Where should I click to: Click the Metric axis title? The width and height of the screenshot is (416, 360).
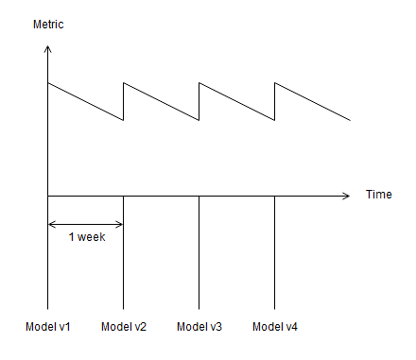pos(48,25)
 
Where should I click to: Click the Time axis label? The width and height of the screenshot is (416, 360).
pos(379,195)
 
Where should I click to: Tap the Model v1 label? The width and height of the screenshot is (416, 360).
pos(48,327)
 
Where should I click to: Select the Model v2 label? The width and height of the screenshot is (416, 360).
pos(124,327)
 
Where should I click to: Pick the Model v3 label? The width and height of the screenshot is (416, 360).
pos(199,327)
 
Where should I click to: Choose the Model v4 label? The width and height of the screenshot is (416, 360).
pos(275,327)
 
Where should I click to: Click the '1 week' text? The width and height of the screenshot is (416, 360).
pos(87,237)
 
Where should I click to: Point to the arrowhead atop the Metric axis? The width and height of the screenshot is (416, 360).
pos(47,46)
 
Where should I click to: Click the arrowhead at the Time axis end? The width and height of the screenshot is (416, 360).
pos(349,196)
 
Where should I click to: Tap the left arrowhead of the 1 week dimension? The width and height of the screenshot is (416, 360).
pos(49,224)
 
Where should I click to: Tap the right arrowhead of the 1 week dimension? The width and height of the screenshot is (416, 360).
pos(122,224)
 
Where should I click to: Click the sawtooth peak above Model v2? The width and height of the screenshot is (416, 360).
pos(124,83)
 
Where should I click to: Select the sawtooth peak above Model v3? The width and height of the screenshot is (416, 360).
pos(199,83)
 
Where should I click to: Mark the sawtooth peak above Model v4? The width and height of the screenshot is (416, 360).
pos(275,83)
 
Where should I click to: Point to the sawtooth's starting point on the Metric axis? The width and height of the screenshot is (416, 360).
pos(47,83)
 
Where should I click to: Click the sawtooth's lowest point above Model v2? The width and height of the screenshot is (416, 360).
pos(123,120)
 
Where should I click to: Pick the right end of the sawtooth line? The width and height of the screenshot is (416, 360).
pos(350,120)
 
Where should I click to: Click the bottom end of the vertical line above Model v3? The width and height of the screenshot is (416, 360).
pos(199,309)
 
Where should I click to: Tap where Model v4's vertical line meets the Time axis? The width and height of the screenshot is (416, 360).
pos(274,196)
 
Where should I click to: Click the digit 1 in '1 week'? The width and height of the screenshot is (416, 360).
pos(71,237)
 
